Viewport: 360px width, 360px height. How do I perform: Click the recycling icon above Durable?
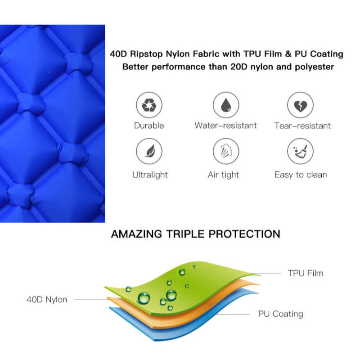click(x=149, y=105)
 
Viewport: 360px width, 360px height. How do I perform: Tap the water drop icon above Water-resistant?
click(x=226, y=105)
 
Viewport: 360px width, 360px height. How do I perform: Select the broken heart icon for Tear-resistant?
click(x=300, y=105)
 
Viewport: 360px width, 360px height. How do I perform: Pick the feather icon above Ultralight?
click(x=149, y=151)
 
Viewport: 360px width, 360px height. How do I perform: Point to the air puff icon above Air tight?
click(x=226, y=151)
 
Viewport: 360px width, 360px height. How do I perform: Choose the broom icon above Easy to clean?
click(x=300, y=151)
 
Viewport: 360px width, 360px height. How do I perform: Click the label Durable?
click(x=149, y=126)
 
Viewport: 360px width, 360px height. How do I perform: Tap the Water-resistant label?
click(x=226, y=126)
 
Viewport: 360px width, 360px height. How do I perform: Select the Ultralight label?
click(x=150, y=175)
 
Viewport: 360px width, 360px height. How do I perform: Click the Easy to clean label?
click(x=301, y=175)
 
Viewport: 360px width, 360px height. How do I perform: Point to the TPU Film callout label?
click(x=306, y=273)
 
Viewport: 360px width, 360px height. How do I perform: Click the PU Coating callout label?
click(x=280, y=314)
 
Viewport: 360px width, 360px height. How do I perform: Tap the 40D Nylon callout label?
click(x=47, y=300)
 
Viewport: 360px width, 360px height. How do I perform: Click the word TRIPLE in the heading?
click(x=185, y=234)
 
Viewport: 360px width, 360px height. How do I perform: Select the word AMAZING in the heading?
click(x=137, y=234)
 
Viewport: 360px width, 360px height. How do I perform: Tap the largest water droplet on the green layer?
click(x=144, y=298)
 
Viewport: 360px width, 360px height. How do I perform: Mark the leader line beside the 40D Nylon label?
click(x=91, y=300)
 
